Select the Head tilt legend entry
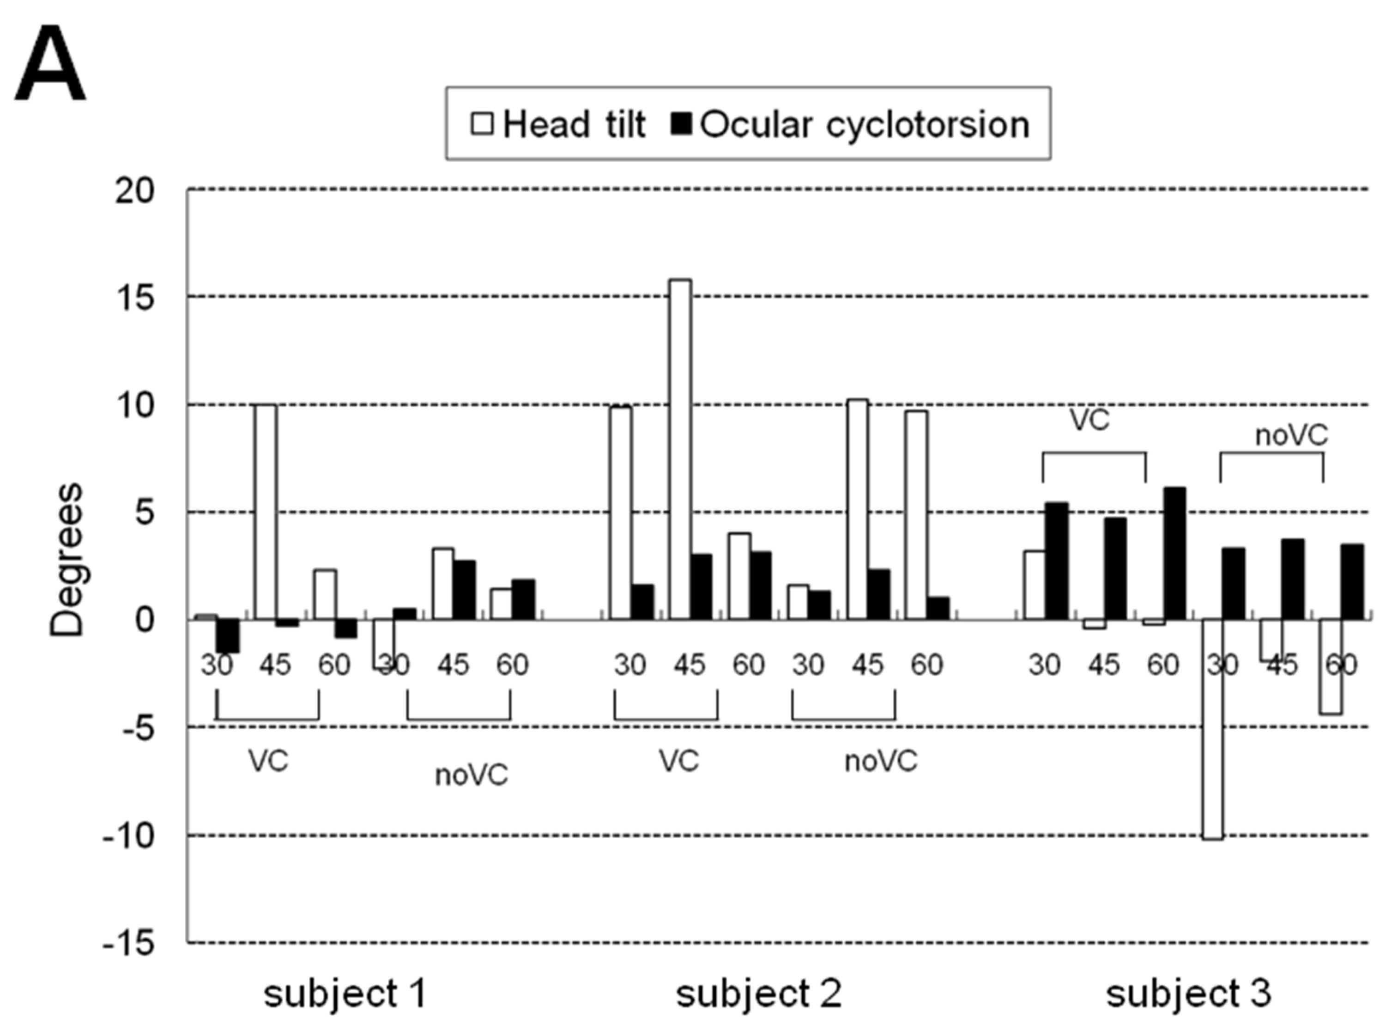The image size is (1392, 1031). point(559,124)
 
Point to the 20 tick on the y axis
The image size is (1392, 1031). point(134,190)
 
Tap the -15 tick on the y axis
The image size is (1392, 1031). point(128,943)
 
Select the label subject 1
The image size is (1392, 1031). point(345,993)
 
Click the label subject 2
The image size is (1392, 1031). point(758,993)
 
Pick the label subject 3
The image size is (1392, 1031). point(1188,993)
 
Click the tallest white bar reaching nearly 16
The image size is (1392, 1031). point(680,449)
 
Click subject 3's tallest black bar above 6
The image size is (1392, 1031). point(1175,554)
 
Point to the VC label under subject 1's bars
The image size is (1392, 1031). point(269,761)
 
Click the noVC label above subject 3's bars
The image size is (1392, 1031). point(1291,435)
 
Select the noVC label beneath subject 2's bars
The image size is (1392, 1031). point(881,761)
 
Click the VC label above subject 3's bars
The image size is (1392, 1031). point(1089,420)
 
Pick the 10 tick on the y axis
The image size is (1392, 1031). point(134,406)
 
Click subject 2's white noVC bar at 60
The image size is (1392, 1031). point(916,515)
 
